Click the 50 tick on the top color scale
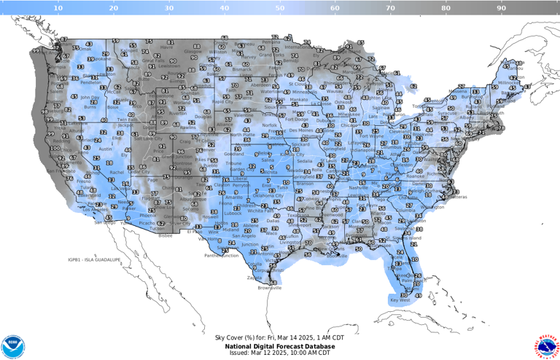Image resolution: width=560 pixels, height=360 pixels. coord(280,7)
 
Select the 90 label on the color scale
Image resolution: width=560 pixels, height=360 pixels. coord(502,7)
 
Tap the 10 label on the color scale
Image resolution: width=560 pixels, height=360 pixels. coord(58,7)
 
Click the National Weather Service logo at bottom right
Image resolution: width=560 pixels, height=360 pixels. coord(546,345)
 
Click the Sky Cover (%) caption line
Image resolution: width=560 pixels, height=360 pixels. coord(279,337)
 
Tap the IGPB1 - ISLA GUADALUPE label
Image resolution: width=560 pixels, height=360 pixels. coord(88,259)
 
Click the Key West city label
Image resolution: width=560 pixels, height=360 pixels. coord(400,300)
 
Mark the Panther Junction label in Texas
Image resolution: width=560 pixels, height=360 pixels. coord(222,256)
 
